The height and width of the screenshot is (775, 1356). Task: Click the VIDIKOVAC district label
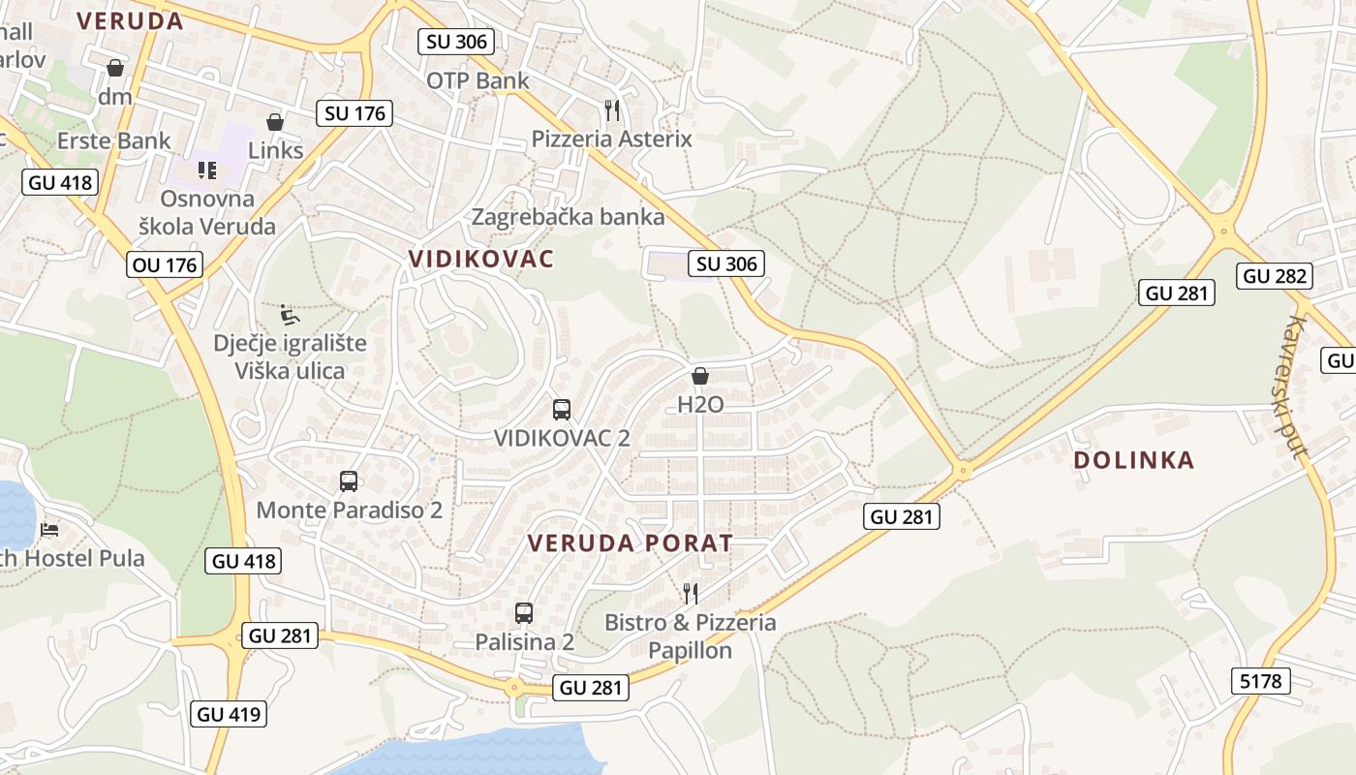[x=481, y=259]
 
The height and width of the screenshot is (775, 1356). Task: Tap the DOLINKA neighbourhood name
[x=1134, y=460]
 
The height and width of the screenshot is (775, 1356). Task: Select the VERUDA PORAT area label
[x=630, y=543]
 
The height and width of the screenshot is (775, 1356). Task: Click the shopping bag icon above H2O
[x=700, y=376]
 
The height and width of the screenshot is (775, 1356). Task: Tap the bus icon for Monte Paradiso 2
[x=349, y=480]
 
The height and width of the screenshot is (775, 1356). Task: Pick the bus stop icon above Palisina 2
[x=524, y=612]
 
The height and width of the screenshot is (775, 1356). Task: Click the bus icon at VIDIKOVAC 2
[x=562, y=409]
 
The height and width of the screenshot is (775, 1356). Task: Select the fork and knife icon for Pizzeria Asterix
[x=611, y=110]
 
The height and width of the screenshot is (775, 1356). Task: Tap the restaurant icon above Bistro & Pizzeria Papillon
[x=691, y=593]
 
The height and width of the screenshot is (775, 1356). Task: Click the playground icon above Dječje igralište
[x=289, y=315]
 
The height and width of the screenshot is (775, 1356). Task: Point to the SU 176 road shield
[x=355, y=113]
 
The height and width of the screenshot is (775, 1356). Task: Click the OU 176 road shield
[x=164, y=264]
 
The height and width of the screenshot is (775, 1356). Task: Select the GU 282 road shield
[x=1276, y=276]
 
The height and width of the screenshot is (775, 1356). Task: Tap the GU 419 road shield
[x=230, y=715]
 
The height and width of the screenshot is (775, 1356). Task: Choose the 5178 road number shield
[x=1260, y=681]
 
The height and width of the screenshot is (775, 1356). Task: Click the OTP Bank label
[x=478, y=80]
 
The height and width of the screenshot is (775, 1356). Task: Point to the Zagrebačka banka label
[x=568, y=216]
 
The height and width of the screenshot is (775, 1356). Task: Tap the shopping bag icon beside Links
[x=275, y=122]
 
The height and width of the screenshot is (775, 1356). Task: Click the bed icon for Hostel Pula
[x=49, y=529]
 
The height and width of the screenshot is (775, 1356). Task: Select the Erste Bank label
[x=114, y=140]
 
